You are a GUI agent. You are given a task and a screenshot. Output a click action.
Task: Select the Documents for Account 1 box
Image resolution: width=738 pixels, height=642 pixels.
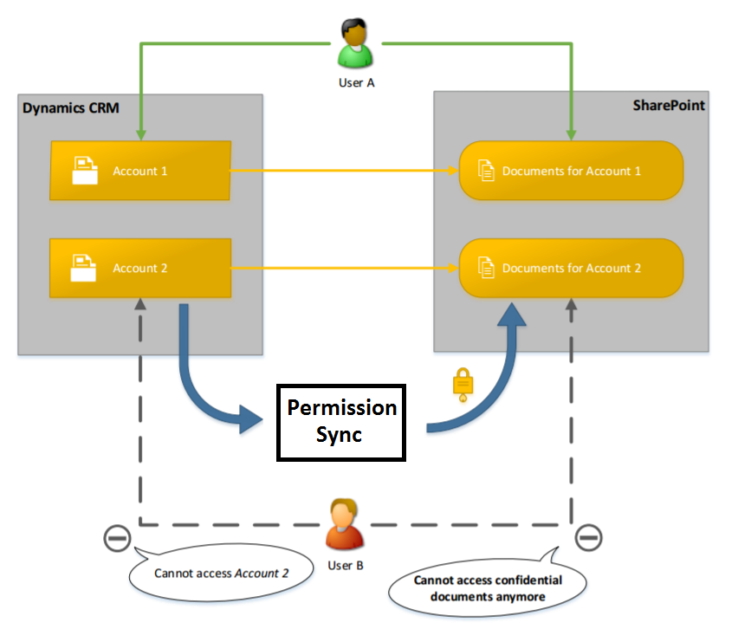(x=571, y=171)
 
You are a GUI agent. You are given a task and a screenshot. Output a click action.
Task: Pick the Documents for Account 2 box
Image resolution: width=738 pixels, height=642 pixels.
(x=571, y=268)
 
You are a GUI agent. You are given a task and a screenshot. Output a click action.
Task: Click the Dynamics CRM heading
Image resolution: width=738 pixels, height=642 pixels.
(x=71, y=108)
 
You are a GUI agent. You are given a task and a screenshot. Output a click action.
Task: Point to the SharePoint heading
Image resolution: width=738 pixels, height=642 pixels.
(x=668, y=106)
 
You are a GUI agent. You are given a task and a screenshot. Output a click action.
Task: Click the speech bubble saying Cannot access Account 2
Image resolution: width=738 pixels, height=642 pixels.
(x=220, y=573)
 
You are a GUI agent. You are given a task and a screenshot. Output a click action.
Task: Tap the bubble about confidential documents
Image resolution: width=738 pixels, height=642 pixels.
(x=488, y=588)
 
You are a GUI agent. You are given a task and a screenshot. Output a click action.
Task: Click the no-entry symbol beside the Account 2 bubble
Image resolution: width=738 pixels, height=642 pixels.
(x=117, y=538)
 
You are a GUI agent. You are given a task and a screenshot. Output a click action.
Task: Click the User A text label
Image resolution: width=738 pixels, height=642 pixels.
(x=356, y=83)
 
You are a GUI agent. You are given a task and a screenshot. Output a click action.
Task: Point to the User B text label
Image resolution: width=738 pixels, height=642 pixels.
(x=346, y=565)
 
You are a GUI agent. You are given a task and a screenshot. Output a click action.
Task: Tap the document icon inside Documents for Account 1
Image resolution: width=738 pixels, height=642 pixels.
(x=487, y=171)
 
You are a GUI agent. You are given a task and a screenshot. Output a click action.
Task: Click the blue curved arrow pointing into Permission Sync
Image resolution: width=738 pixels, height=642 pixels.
(x=208, y=390)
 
